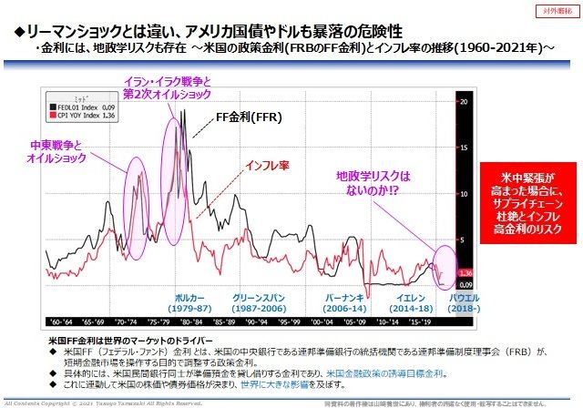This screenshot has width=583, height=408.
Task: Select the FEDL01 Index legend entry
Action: click(83, 105)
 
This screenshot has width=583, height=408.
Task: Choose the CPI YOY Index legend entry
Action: click(84, 114)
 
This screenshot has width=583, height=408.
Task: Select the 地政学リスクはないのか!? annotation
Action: click(375, 181)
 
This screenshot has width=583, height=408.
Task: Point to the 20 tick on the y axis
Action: click(465, 101)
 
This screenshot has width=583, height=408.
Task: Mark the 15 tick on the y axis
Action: click(465, 147)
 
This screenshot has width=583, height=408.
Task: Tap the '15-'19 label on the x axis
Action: click(422, 322)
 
